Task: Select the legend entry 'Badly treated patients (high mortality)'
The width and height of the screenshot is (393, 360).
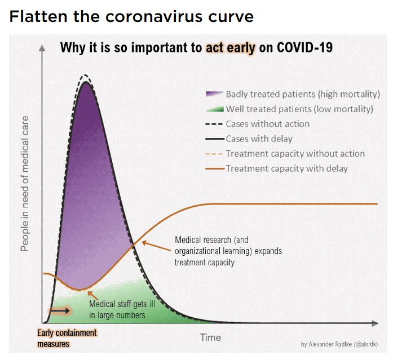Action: coord(303,94)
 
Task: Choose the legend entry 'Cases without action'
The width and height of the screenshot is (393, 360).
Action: coord(267,123)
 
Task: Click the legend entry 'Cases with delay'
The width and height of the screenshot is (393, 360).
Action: coord(259,138)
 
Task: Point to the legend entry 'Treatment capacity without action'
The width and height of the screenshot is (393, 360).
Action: coord(295,153)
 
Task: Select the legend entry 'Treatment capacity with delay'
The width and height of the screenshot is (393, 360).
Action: coord(286,168)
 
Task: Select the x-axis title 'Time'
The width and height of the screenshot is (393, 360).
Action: coord(210,337)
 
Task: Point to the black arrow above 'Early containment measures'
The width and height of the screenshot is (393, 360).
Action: coord(58,310)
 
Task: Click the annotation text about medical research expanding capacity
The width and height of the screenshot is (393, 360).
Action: coord(228,251)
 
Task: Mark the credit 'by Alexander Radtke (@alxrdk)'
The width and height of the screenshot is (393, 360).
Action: coord(343,344)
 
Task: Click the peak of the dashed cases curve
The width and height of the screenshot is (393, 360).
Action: coord(85,74)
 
